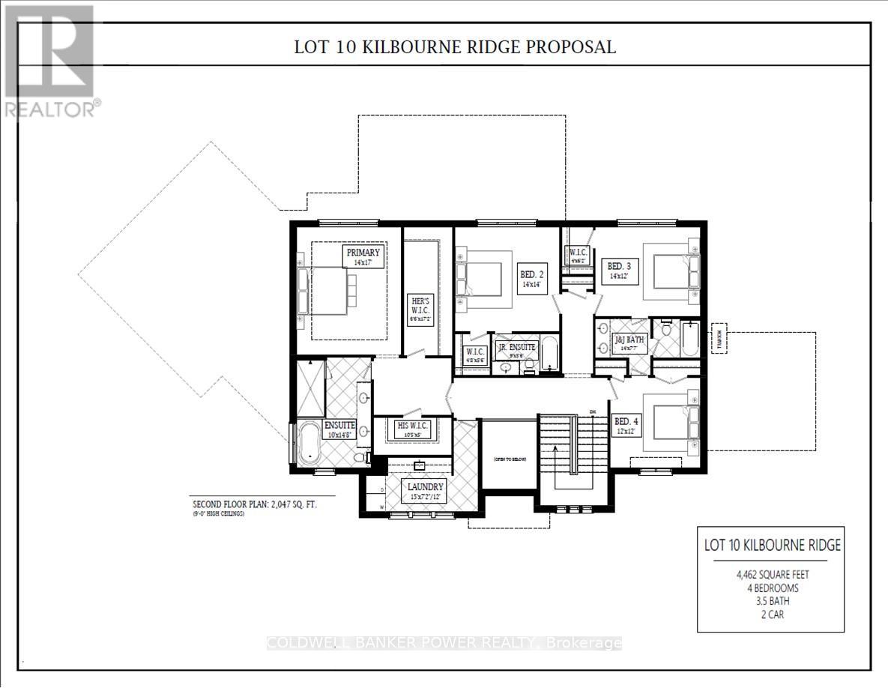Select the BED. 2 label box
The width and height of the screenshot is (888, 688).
click(x=531, y=280)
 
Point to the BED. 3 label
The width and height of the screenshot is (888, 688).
click(x=617, y=271)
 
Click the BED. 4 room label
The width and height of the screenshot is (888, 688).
click(x=623, y=425)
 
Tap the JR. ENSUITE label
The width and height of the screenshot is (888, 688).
click(x=516, y=351)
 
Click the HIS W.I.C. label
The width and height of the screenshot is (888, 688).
click(x=413, y=429)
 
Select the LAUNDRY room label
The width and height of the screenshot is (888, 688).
click(x=424, y=491)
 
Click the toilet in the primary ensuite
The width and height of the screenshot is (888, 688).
click(x=359, y=457)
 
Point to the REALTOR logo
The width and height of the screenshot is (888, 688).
click(x=49, y=60)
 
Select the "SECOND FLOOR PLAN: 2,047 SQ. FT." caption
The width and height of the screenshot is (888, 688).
click(x=255, y=504)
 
